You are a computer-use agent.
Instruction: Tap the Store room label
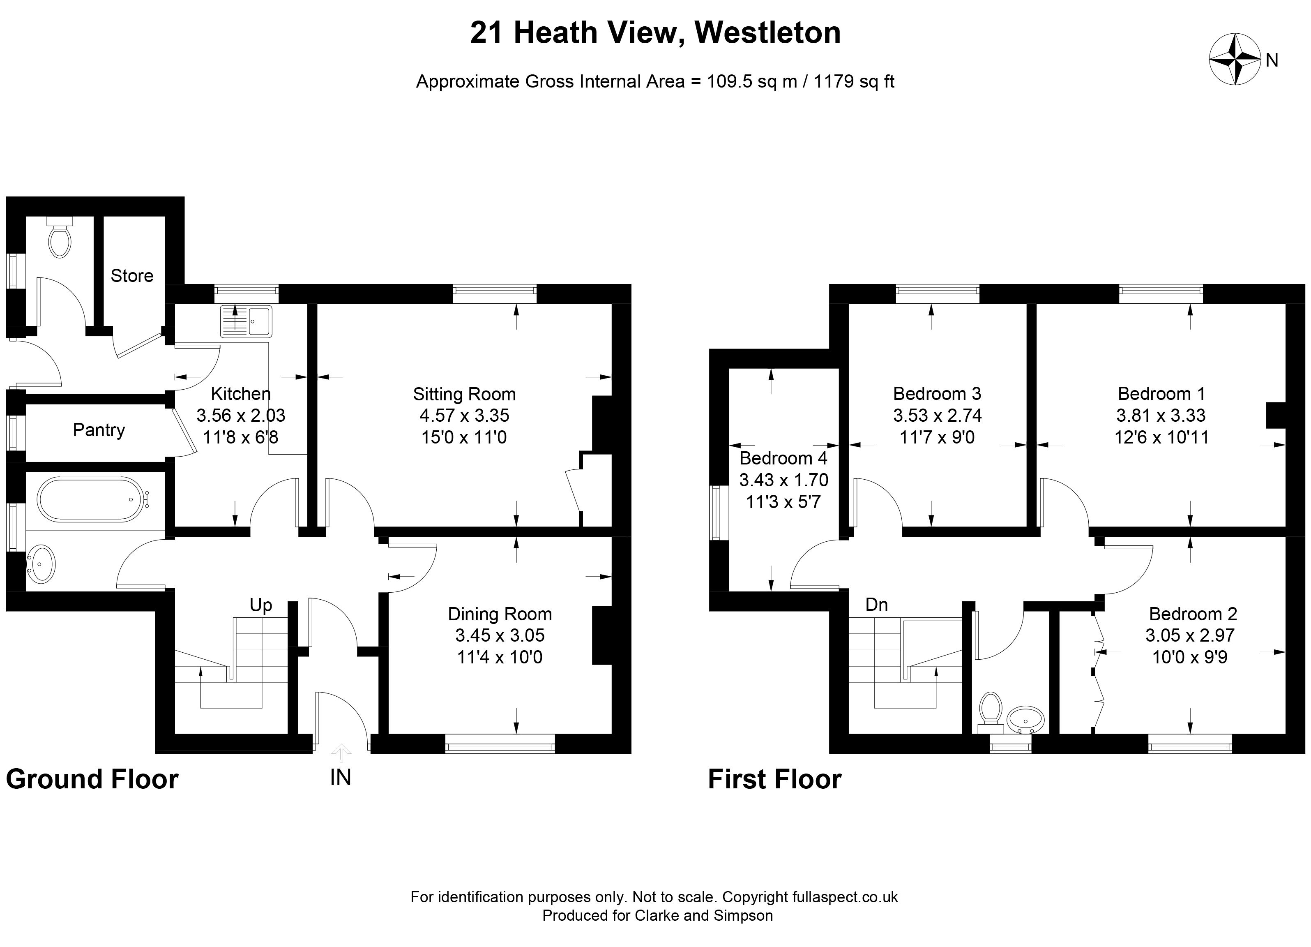[132, 276]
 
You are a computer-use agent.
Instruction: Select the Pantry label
[99, 430]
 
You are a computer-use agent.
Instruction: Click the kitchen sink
[246, 321]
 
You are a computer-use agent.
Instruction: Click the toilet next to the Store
[60, 237]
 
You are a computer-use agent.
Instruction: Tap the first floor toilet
[991, 712]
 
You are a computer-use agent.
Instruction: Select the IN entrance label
[341, 778]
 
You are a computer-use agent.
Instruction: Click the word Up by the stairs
[261, 605]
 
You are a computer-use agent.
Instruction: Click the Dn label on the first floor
[876, 605]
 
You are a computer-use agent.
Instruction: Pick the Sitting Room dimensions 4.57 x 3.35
[464, 416]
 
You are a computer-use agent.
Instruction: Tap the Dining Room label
[500, 614]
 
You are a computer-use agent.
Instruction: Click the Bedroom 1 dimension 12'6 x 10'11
[1161, 437]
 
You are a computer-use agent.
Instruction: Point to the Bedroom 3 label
[937, 394]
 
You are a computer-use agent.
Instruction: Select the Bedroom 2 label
[1193, 614]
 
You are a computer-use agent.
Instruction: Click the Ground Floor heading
[92, 779]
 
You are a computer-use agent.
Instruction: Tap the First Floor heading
[774, 779]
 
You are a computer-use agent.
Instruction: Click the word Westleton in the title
[767, 32]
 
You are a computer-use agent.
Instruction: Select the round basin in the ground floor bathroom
[41, 564]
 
